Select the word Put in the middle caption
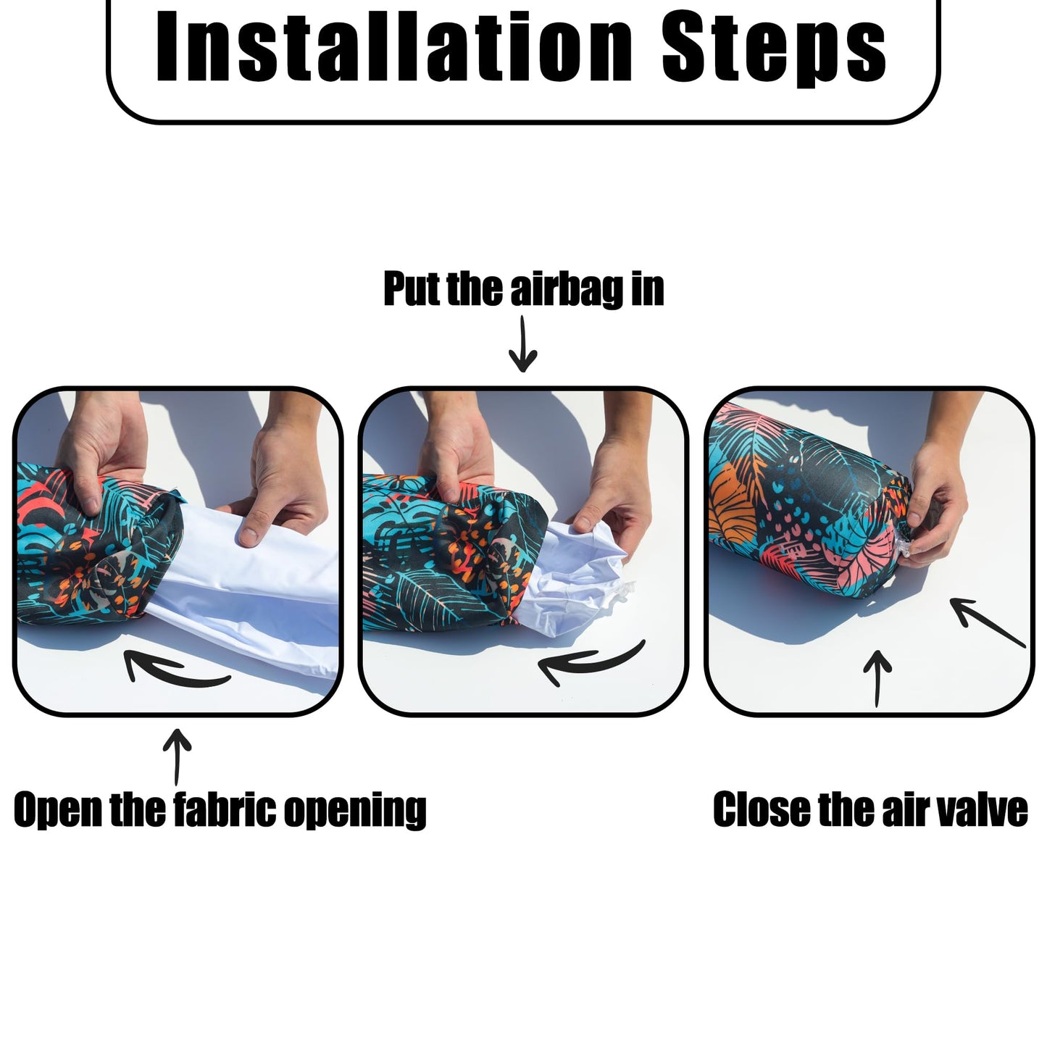tap(412, 288)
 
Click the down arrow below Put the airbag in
tap(522, 344)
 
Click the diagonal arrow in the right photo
tap(988, 622)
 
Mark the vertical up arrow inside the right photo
tap(877, 678)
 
